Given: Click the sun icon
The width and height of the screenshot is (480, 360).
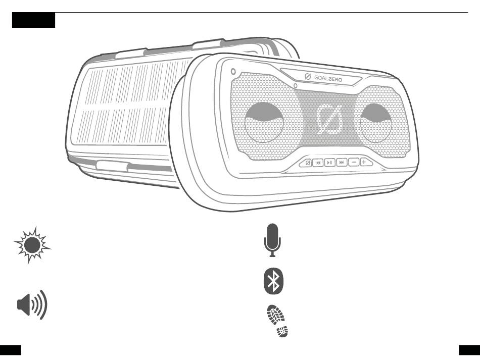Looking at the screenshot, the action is [33, 245].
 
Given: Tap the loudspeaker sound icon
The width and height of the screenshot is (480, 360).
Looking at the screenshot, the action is [32, 304].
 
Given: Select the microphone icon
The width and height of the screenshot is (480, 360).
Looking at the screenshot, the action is [272, 240].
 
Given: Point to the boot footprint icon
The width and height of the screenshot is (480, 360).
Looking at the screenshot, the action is [277, 321].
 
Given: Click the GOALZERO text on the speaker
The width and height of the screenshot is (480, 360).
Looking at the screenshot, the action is [327, 79].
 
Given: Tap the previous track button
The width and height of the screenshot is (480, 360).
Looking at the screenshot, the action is [318, 163].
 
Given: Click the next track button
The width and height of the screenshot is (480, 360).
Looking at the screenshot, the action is [342, 163].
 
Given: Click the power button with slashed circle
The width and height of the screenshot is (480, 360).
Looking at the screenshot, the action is [306, 163].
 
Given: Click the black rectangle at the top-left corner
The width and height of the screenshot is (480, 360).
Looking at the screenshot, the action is [33, 21].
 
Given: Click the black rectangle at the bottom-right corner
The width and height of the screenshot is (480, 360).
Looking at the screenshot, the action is [469, 350].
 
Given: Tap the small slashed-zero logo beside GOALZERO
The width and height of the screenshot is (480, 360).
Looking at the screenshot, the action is [308, 78].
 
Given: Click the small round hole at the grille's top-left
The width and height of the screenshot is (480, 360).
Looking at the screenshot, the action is [232, 72].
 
